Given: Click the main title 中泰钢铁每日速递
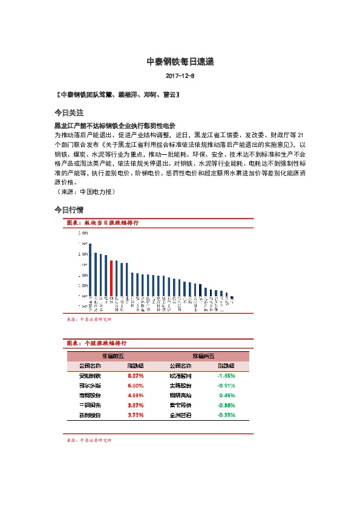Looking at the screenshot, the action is tap(180, 62).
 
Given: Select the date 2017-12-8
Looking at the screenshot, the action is tap(180, 76).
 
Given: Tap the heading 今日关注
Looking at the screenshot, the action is tap(68, 113).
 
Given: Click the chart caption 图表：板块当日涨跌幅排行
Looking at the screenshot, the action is tap(102, 223).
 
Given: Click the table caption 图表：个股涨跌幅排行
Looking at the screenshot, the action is tap(102, 343).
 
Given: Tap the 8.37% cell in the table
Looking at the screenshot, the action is tap(136, 375).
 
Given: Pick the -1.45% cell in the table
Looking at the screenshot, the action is tap(226, 375).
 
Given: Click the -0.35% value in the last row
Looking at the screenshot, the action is tap(226, 415).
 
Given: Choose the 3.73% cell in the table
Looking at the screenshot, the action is tap(136, 415).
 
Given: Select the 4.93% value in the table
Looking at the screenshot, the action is tap(136, 395).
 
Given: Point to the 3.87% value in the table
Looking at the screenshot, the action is tap(136, 405).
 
